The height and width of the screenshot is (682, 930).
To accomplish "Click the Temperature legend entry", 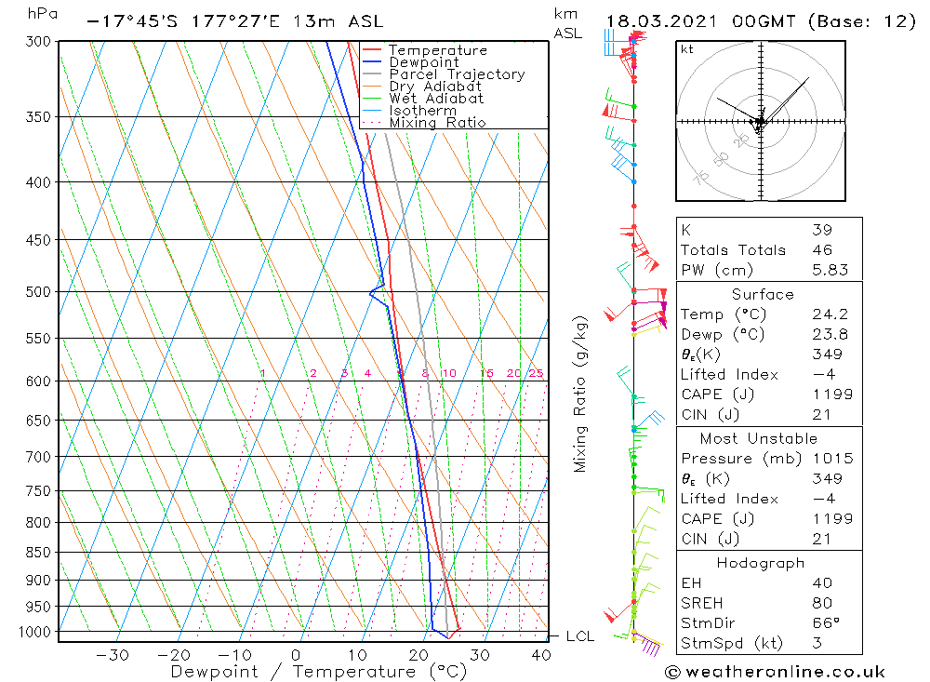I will tap(437, 50).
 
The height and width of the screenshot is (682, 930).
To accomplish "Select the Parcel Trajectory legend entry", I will tap(457, 74).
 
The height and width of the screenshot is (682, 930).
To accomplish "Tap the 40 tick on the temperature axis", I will tap(540, 655).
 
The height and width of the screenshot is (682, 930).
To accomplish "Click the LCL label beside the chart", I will tap(580, 636).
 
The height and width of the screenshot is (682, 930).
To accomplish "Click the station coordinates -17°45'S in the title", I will tap(126, 20).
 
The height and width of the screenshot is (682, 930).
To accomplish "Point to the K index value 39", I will tap(821, 230).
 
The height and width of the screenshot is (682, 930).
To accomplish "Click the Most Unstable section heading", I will tap(760, 438).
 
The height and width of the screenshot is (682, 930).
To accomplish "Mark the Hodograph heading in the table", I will tap(760, 563).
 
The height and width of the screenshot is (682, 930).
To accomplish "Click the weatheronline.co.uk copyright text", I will tap(775, 671).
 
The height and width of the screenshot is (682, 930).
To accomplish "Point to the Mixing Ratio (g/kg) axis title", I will tap(580, 394).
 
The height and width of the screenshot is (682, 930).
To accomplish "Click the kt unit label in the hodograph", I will tap(686, 48).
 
